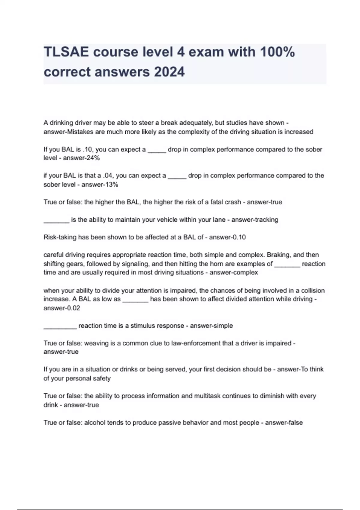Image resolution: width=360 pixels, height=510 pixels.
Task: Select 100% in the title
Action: [x=277, y=52]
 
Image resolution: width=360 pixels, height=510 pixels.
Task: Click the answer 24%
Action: [x=93, y=158]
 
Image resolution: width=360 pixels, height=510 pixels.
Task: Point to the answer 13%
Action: [x=112, y=184]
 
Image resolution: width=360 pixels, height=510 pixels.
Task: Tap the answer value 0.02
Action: [x=73, y=308]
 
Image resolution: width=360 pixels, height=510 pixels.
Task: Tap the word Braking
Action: [x=278, y=255]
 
